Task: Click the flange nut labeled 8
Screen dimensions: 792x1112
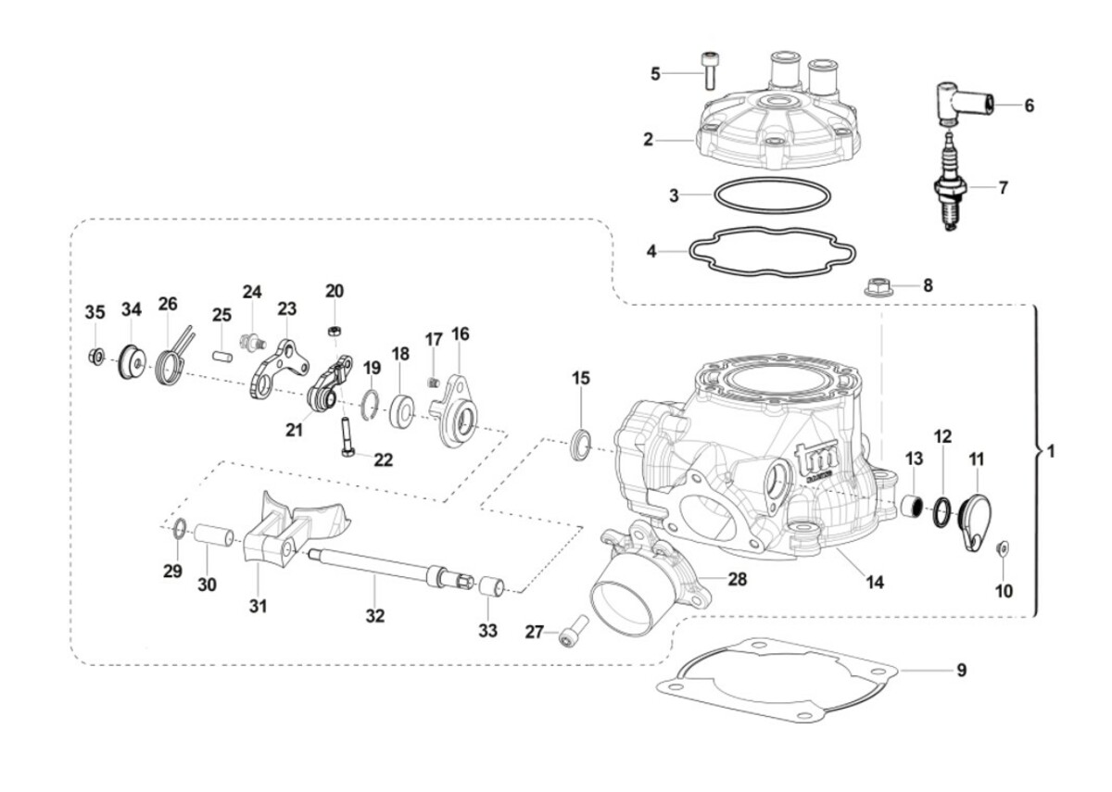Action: pos(876,287)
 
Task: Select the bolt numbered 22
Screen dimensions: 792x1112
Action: pos(345,436)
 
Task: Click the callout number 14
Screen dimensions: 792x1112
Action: pos(875,583)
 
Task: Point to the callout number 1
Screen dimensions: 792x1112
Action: pos(1050,453)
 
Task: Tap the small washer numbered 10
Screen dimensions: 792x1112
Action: pos(1001,550)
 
